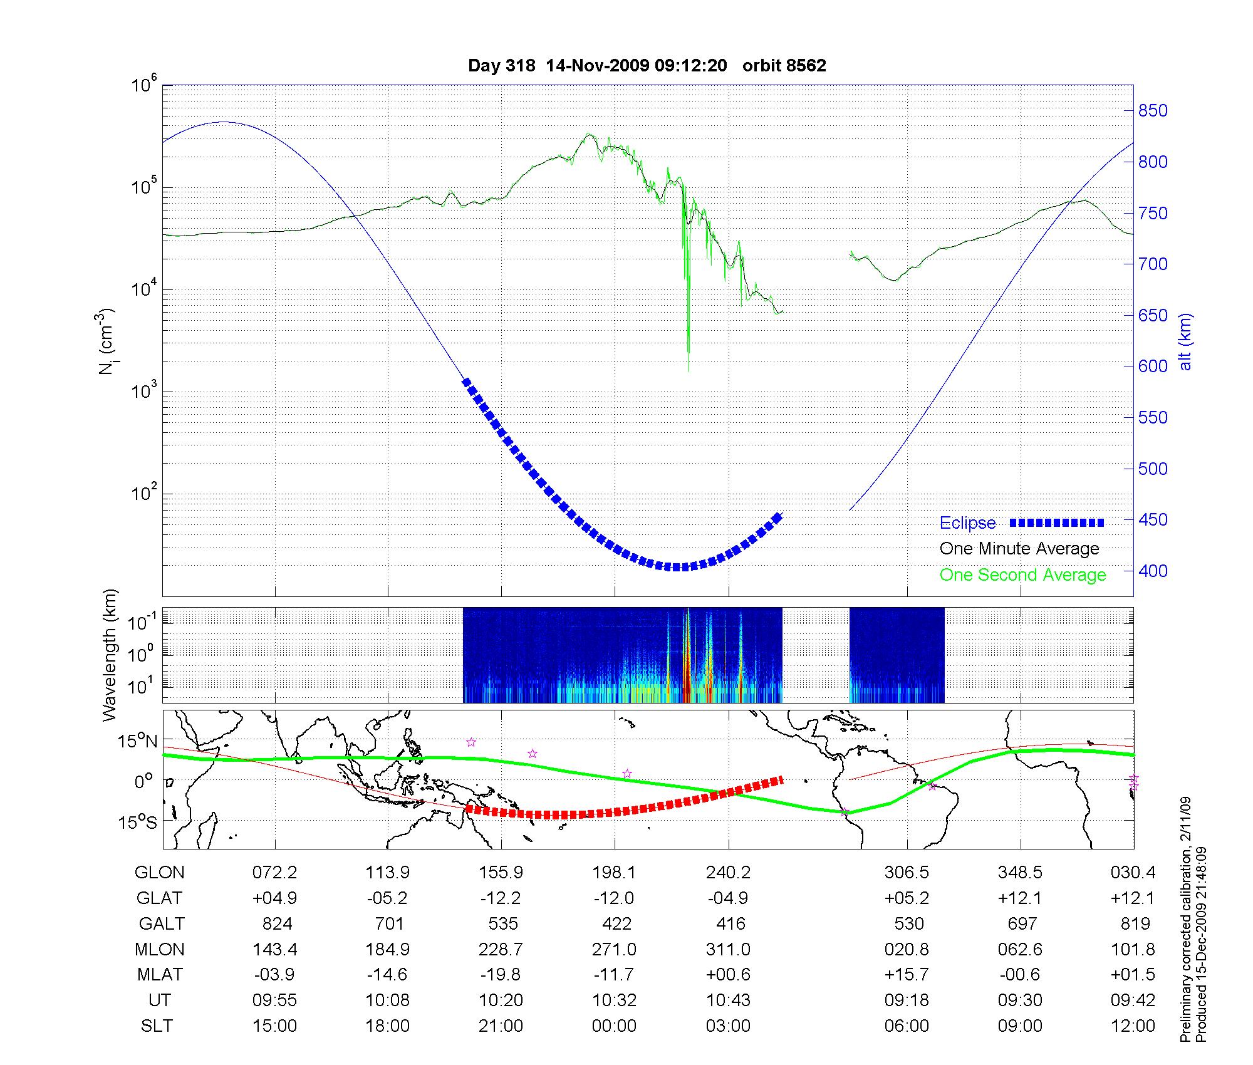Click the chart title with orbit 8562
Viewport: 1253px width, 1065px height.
(x=647, y=65)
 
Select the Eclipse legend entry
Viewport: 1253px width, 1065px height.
(x=967, y=523)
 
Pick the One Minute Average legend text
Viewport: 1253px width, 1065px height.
(x=1019, y=549)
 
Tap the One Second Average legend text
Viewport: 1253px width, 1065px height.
(x=1022, y=575)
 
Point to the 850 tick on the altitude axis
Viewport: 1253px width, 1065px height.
(x=1153, y=111)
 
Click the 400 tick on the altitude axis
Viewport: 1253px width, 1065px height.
(x=1153, y=571)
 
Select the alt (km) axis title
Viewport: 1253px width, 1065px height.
(x=1185, y=341)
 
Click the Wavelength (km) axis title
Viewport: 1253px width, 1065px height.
(x=110, y=655)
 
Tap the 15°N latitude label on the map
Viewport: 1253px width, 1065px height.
(x=137, y=742)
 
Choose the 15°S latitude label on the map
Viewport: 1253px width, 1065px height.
(x=137, y=822)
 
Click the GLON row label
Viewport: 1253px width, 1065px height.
(x=160, y=872)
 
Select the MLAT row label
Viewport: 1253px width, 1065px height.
(x=160, y=975)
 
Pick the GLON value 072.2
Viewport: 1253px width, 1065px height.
(x=275, y=872)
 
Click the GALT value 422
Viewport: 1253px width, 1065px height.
(x=615, y=923)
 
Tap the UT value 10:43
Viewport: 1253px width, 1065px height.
(x=728, y=1000)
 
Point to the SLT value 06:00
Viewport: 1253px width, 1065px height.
(x=907, y=1026)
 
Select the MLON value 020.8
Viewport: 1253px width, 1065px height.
(x=907, y=949)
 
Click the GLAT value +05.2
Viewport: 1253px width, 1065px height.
(x=907, y=898)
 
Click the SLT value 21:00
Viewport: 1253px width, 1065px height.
(x=501, y=1026)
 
